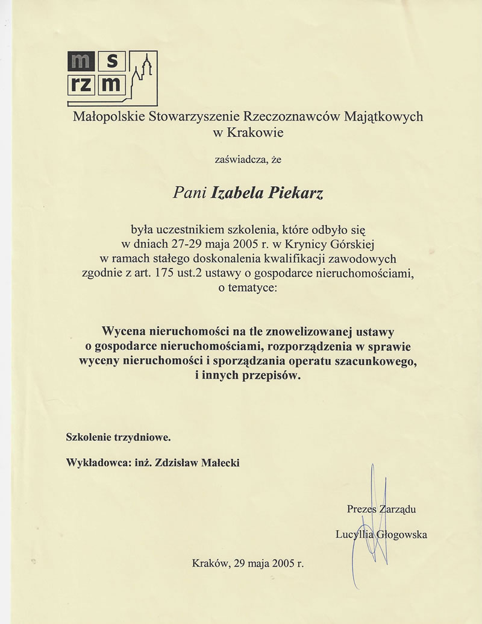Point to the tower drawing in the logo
145,70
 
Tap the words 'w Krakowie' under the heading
248,133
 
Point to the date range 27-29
187,244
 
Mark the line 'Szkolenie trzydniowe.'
122,436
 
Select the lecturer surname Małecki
221,462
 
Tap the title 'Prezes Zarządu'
381,509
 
